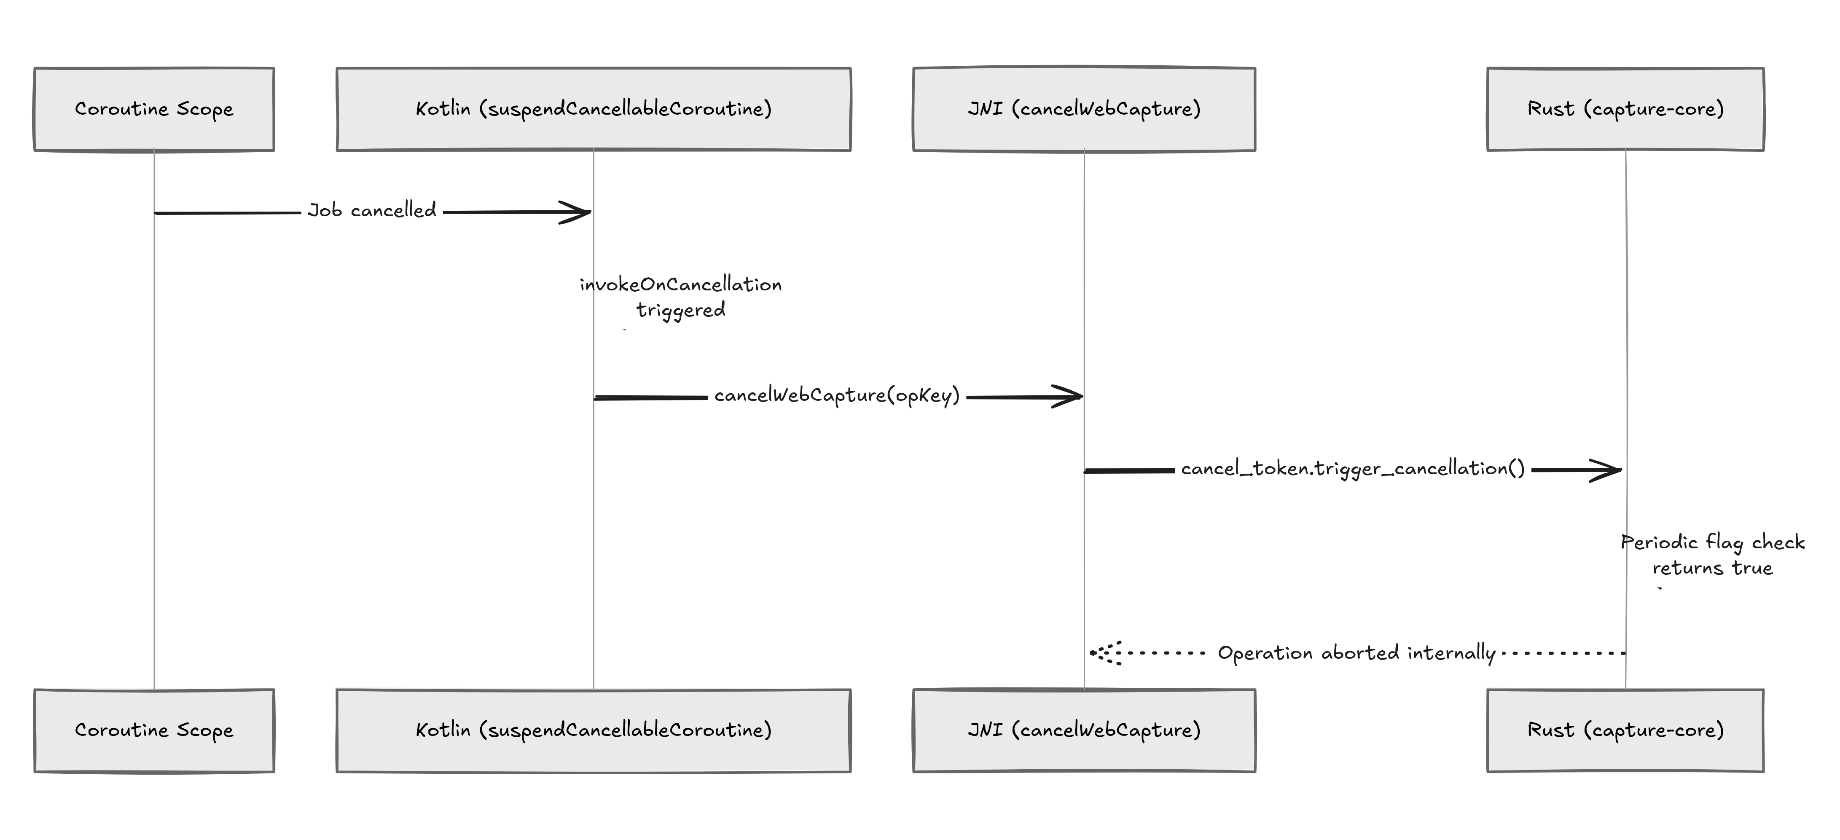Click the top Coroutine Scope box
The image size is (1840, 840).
pyautogui.click(x=154, y=109)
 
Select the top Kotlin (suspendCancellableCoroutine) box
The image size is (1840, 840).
pyautogui.click(x=594, y=109)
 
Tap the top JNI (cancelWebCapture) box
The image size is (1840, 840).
pyautogui.click(x=1084, y=109)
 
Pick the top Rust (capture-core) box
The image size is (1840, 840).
pyautogui.click(x=1626, y=109)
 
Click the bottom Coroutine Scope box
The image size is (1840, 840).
pyautogui.click(x=154, y=731)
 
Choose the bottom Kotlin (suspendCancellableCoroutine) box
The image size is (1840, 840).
pyautogui.click(x=594, y=731)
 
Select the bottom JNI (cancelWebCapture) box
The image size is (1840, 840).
pyautogui.click(x=1084, y=731)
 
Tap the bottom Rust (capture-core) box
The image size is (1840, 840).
pyautogui.click(x=1626, y=731)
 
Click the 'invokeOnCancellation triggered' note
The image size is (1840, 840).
pyautogui.click(x=681, y=297)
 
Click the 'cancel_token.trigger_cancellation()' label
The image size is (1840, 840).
pyautogui.click(x=1353, y=469)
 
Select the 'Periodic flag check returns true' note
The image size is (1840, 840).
pyautogui.click(x=1713, y=555)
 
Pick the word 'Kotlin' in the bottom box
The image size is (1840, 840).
pyautogui.click(x=443, y=730)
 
